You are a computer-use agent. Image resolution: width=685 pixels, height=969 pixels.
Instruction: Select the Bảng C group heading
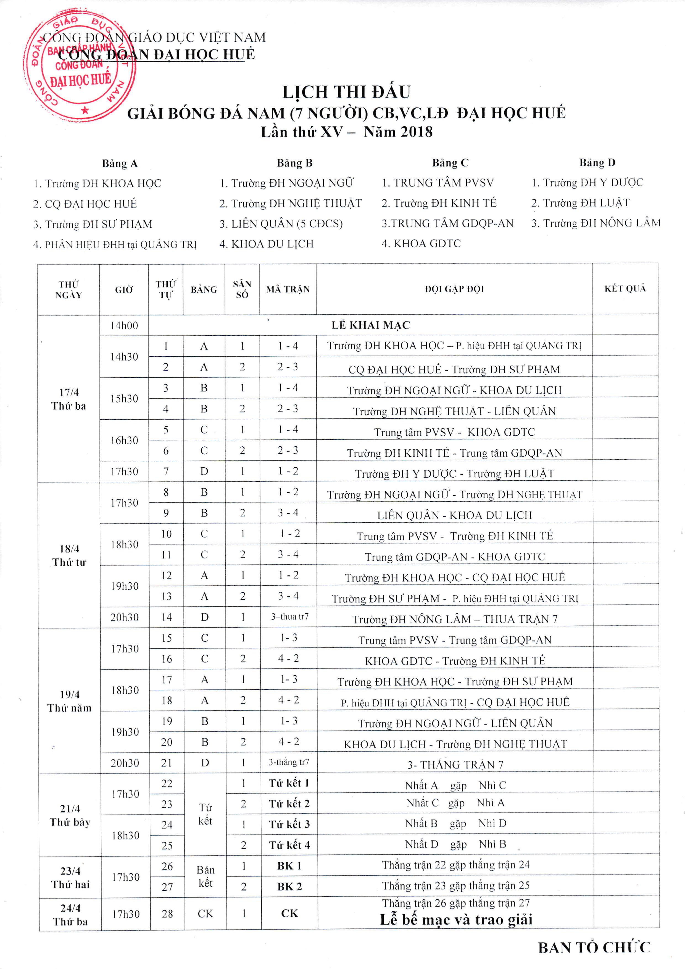tap(450, 163)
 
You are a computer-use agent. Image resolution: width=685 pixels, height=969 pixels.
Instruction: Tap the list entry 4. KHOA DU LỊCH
tap(266, 244)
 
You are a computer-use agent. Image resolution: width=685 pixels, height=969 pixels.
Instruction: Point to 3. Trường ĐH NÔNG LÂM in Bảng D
tap(596, 223)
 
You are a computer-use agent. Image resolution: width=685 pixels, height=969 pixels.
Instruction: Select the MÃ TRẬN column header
tap(288, 289)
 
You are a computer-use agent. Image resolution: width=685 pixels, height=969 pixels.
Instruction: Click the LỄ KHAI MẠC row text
tap(371, 325)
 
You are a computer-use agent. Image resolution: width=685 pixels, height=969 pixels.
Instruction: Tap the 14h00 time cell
tap(124, 325)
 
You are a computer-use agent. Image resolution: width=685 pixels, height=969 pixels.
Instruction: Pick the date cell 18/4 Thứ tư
tap(69, 555)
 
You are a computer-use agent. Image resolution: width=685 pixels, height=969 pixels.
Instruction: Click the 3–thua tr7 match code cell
tap(289, 617)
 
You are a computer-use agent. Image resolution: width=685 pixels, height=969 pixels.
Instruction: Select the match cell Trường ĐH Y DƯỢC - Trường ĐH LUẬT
tap(454, 473)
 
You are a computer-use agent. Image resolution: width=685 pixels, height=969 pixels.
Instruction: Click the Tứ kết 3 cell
tap(289, 824)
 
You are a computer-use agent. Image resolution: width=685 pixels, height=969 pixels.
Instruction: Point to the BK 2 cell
tap(289, 886)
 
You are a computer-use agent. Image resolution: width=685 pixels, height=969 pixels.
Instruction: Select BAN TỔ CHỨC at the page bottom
tap(594, 947)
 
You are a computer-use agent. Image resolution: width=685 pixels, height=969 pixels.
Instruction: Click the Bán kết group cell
tap(205, 876)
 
